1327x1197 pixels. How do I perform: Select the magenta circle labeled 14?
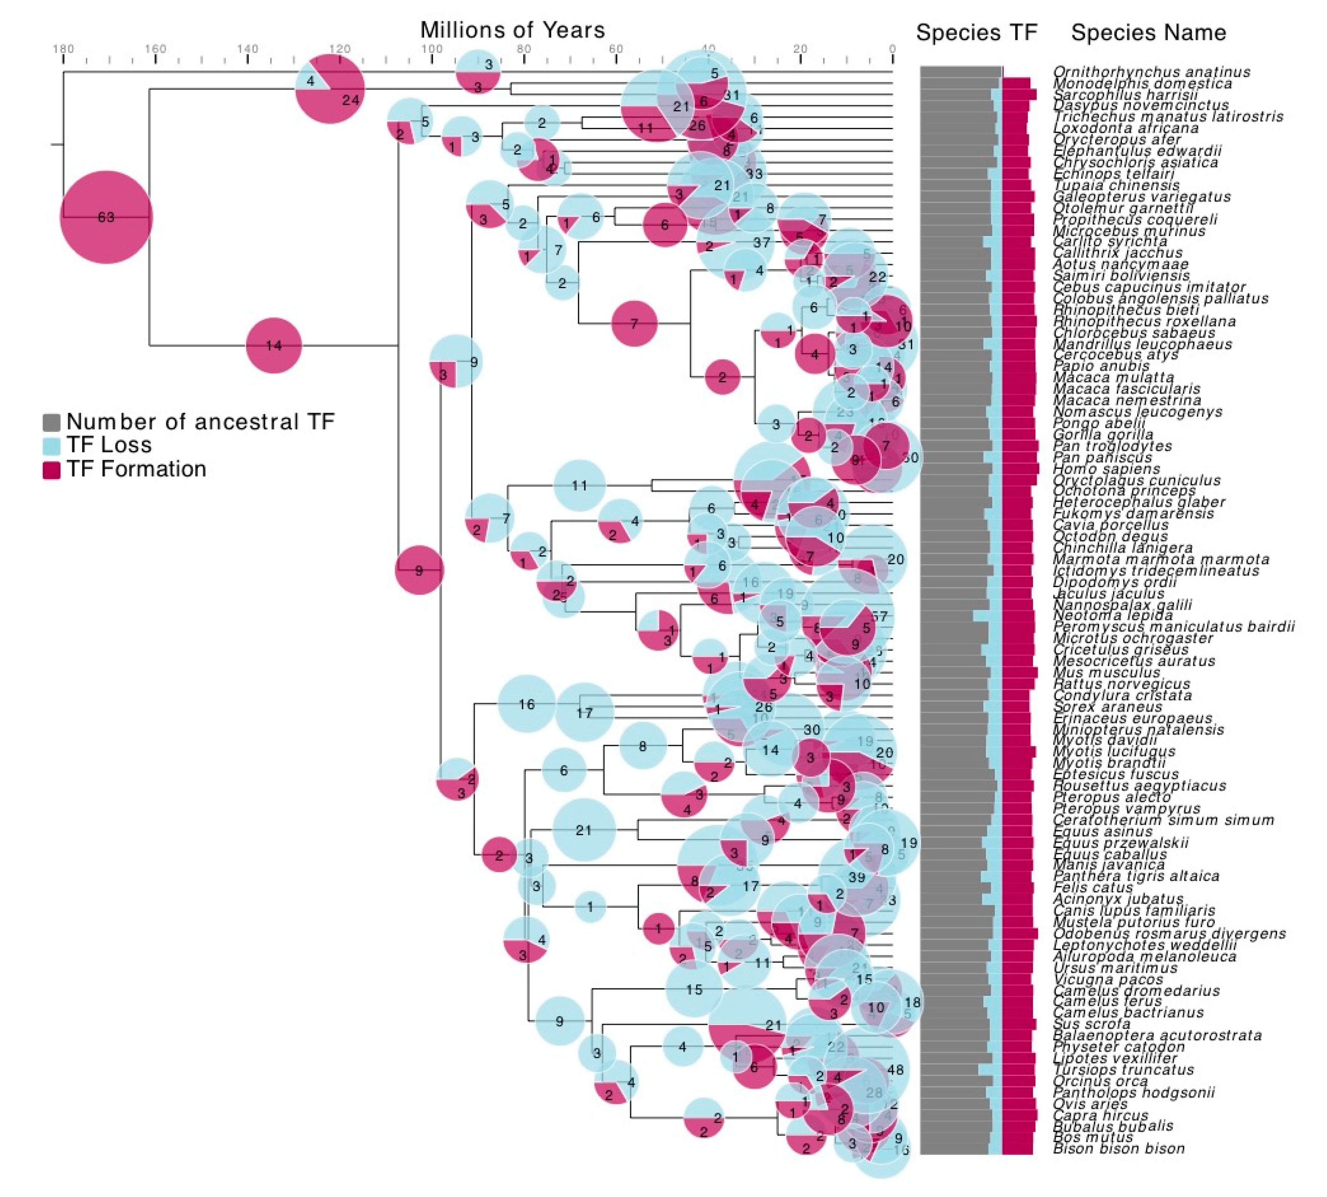(274, 345)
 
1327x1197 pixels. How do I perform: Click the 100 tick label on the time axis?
(431, 49)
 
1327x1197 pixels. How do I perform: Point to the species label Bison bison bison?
(1119, 1148)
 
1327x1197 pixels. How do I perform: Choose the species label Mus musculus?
(1106, 672)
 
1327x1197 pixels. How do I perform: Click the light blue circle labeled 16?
(526, 704)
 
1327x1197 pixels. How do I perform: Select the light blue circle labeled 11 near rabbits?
(579, 486)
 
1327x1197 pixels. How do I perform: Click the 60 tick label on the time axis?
(615, 49)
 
